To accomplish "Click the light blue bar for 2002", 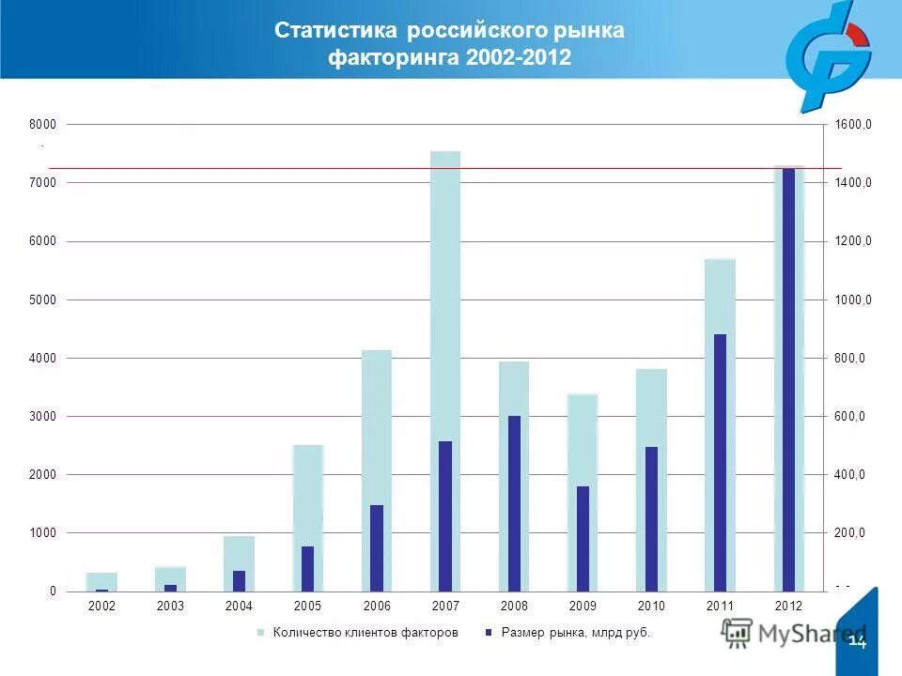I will coord(101,580).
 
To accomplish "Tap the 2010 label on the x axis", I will coord(651,607).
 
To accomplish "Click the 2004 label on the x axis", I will coord(239,607).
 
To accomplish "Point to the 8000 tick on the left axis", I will coord(45,124).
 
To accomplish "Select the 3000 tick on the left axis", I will coord(45,416).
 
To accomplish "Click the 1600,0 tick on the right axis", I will coord(853,124).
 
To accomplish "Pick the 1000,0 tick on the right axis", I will coord(853,300).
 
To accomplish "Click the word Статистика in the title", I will coord(338,31).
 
